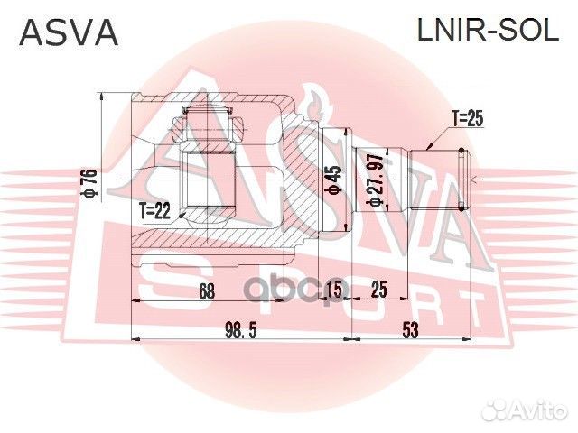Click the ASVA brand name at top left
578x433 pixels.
(x=69, y=33)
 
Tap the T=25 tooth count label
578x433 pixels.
(x=467, y=117)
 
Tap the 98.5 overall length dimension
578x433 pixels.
(x=240, y=330)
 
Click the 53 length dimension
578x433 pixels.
(x=411, y=330)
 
